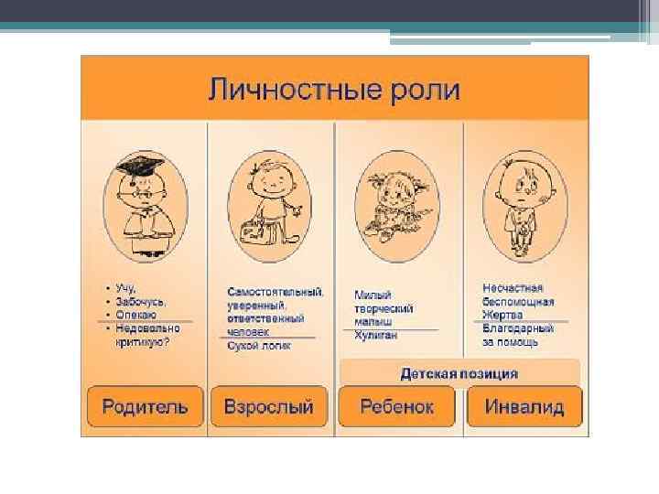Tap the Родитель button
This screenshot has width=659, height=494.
pyautogui.click(x=145, y=406)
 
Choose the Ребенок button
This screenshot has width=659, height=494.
pyautogui.click(x=396, y=406)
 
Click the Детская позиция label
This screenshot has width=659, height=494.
pyautogui.click(x=459, y=373)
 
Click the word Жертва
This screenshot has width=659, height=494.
pyautogui.click(x=503, y=316)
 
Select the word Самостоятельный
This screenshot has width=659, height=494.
pyautogui.click(x=275, y=292)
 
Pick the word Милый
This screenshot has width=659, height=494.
pyautogui.click(x=373, y=295)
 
